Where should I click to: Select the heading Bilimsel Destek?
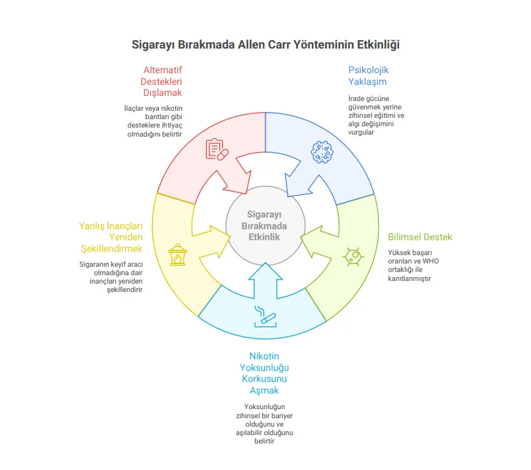[x=420, y=237]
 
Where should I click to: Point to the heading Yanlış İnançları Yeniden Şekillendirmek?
[x=111, y=237]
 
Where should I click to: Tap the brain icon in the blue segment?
[x=322, y=151]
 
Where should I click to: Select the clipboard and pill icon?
[x=217, y=150]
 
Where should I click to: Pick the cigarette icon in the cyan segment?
[x=265, y=315]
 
